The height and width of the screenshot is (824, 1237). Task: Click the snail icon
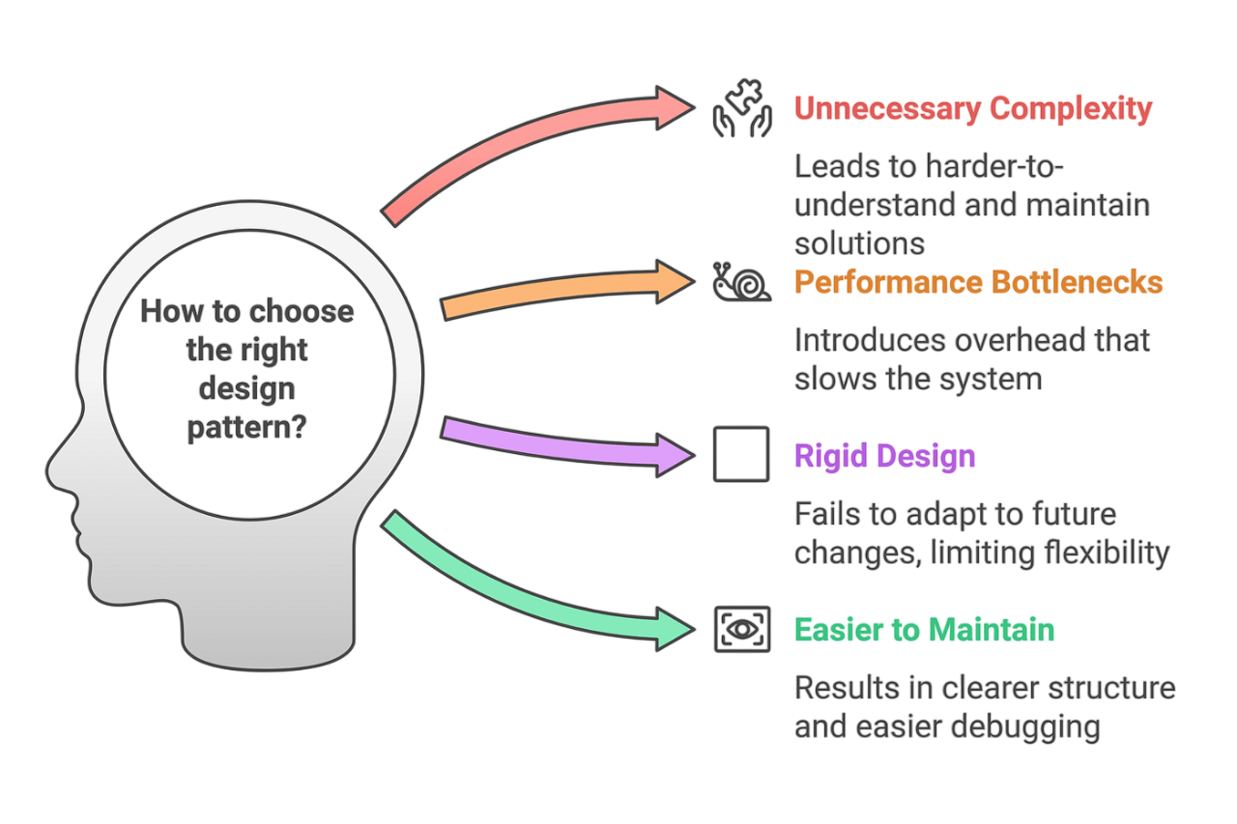(x=741, y=281)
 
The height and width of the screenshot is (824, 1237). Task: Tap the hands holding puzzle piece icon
(x=741, y=108)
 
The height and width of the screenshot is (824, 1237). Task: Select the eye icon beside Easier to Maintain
(x=741, y=629)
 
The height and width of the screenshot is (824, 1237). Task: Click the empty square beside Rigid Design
(x=741, y=454)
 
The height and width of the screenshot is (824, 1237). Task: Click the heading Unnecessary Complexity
(x=973, y=108)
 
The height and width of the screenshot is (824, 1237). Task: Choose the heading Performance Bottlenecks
(x=978, y=282)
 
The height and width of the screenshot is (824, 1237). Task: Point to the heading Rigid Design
(x=884, y=455)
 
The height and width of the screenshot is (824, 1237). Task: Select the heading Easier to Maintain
(x=924, y=630)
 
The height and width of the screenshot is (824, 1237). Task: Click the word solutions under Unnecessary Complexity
(x=859, y=242)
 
